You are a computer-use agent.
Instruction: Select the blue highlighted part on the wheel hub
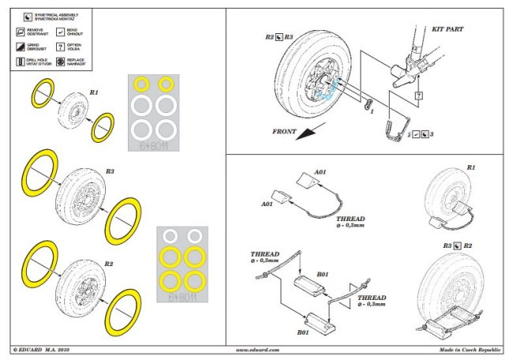click(335, 88)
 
